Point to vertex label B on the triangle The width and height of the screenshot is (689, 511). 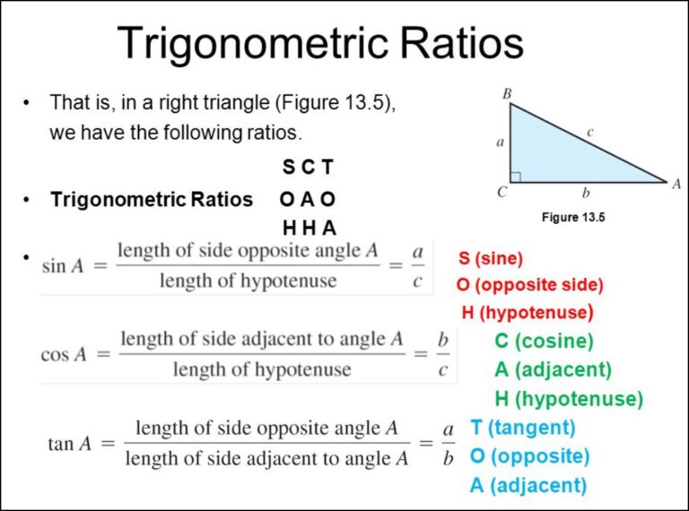click(507, 92)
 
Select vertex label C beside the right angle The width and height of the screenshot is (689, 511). click(501, 192)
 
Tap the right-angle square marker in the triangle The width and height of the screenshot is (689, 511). click(516, 177)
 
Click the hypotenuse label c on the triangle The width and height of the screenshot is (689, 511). click(590, 133)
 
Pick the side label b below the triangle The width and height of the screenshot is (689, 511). click(587, 192)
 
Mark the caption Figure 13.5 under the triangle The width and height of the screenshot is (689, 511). click(574, 217)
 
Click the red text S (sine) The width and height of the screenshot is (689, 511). click(490, 259)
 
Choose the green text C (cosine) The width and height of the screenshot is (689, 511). click(544, 341)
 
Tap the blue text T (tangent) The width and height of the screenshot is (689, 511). click(522, 428)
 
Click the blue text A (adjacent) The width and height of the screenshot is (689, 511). click(528, 486)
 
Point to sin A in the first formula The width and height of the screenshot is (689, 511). click(65, 265)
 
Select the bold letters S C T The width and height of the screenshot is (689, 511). click(308, 168)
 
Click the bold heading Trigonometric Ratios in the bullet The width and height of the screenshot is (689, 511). click(152, 199)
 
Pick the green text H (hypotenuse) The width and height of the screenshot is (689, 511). click(568, 399)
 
